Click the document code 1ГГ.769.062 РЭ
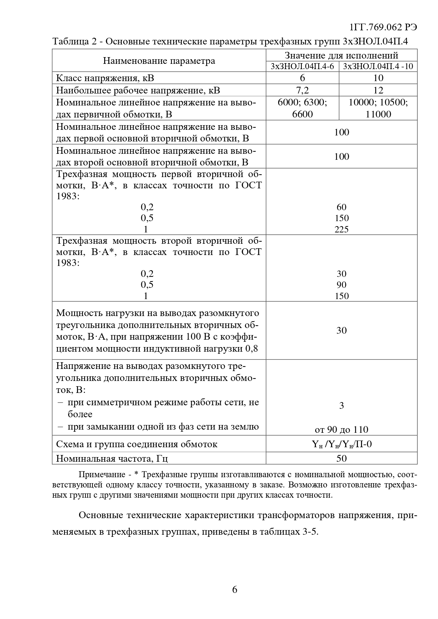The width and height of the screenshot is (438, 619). click(x=383, y=28)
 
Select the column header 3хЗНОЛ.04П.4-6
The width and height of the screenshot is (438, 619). click(x=302, y=66)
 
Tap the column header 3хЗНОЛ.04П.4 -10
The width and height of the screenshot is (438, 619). click(x=378, y=66)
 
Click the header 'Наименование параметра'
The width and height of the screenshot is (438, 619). click(x=159, y=61)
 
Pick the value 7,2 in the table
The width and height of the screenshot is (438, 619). click(x=302, y=90)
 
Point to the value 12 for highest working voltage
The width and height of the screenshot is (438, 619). click(x=378, y=90)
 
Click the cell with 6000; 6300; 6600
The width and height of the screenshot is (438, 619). click(x=302, y=108)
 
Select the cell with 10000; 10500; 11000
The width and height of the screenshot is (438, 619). click(x=378, y=108)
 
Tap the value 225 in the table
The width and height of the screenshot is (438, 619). click(x=341, y=229)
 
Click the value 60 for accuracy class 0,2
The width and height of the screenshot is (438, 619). click(x=341, y=207)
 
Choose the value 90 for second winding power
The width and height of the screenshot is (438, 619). click(x=341, y=285)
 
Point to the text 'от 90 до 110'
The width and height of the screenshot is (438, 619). click(x=341, y=429)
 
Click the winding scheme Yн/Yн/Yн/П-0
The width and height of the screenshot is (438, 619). click(x=341, y=444)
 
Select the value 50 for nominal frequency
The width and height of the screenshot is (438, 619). click(x=341, y=458)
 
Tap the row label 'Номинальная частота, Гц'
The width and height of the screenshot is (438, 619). click(x=112, y=459)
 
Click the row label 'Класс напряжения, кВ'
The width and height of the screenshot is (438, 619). click(x=105, y=78)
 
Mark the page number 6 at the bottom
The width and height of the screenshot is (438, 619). click(x=235, y=589)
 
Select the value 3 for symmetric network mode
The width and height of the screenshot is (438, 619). click(x=341, y=406)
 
